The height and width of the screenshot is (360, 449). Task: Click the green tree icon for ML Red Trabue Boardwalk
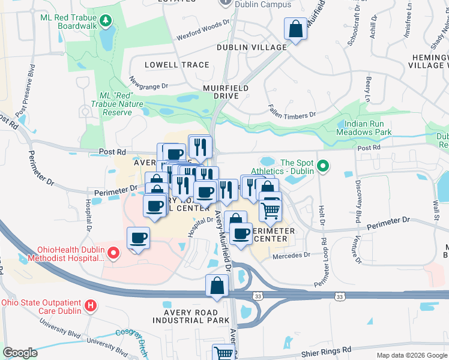106,22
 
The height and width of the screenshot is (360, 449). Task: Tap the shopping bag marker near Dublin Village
296,29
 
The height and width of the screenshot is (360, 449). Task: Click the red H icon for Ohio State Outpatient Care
91,306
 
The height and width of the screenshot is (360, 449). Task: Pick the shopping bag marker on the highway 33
217,286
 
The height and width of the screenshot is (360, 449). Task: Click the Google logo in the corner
20,353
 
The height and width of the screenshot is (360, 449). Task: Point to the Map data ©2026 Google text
411,355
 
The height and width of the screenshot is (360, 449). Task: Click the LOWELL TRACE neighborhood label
177,65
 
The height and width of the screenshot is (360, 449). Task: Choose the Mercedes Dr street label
291,255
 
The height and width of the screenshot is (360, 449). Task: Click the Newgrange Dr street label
148,83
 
